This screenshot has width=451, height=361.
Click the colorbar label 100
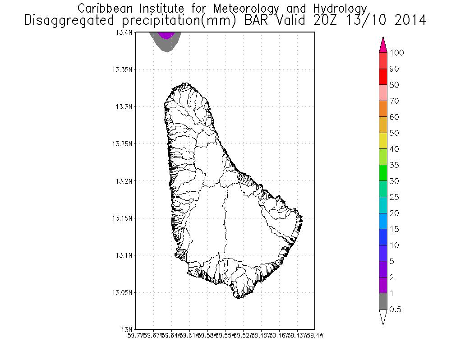tap(397, 52)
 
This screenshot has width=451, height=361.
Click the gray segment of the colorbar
tap(383, 301)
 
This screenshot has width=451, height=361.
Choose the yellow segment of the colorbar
tap(383, 141)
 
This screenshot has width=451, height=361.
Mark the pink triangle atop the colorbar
tap(383, 45)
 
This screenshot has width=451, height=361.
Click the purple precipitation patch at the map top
tap(167, 35)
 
